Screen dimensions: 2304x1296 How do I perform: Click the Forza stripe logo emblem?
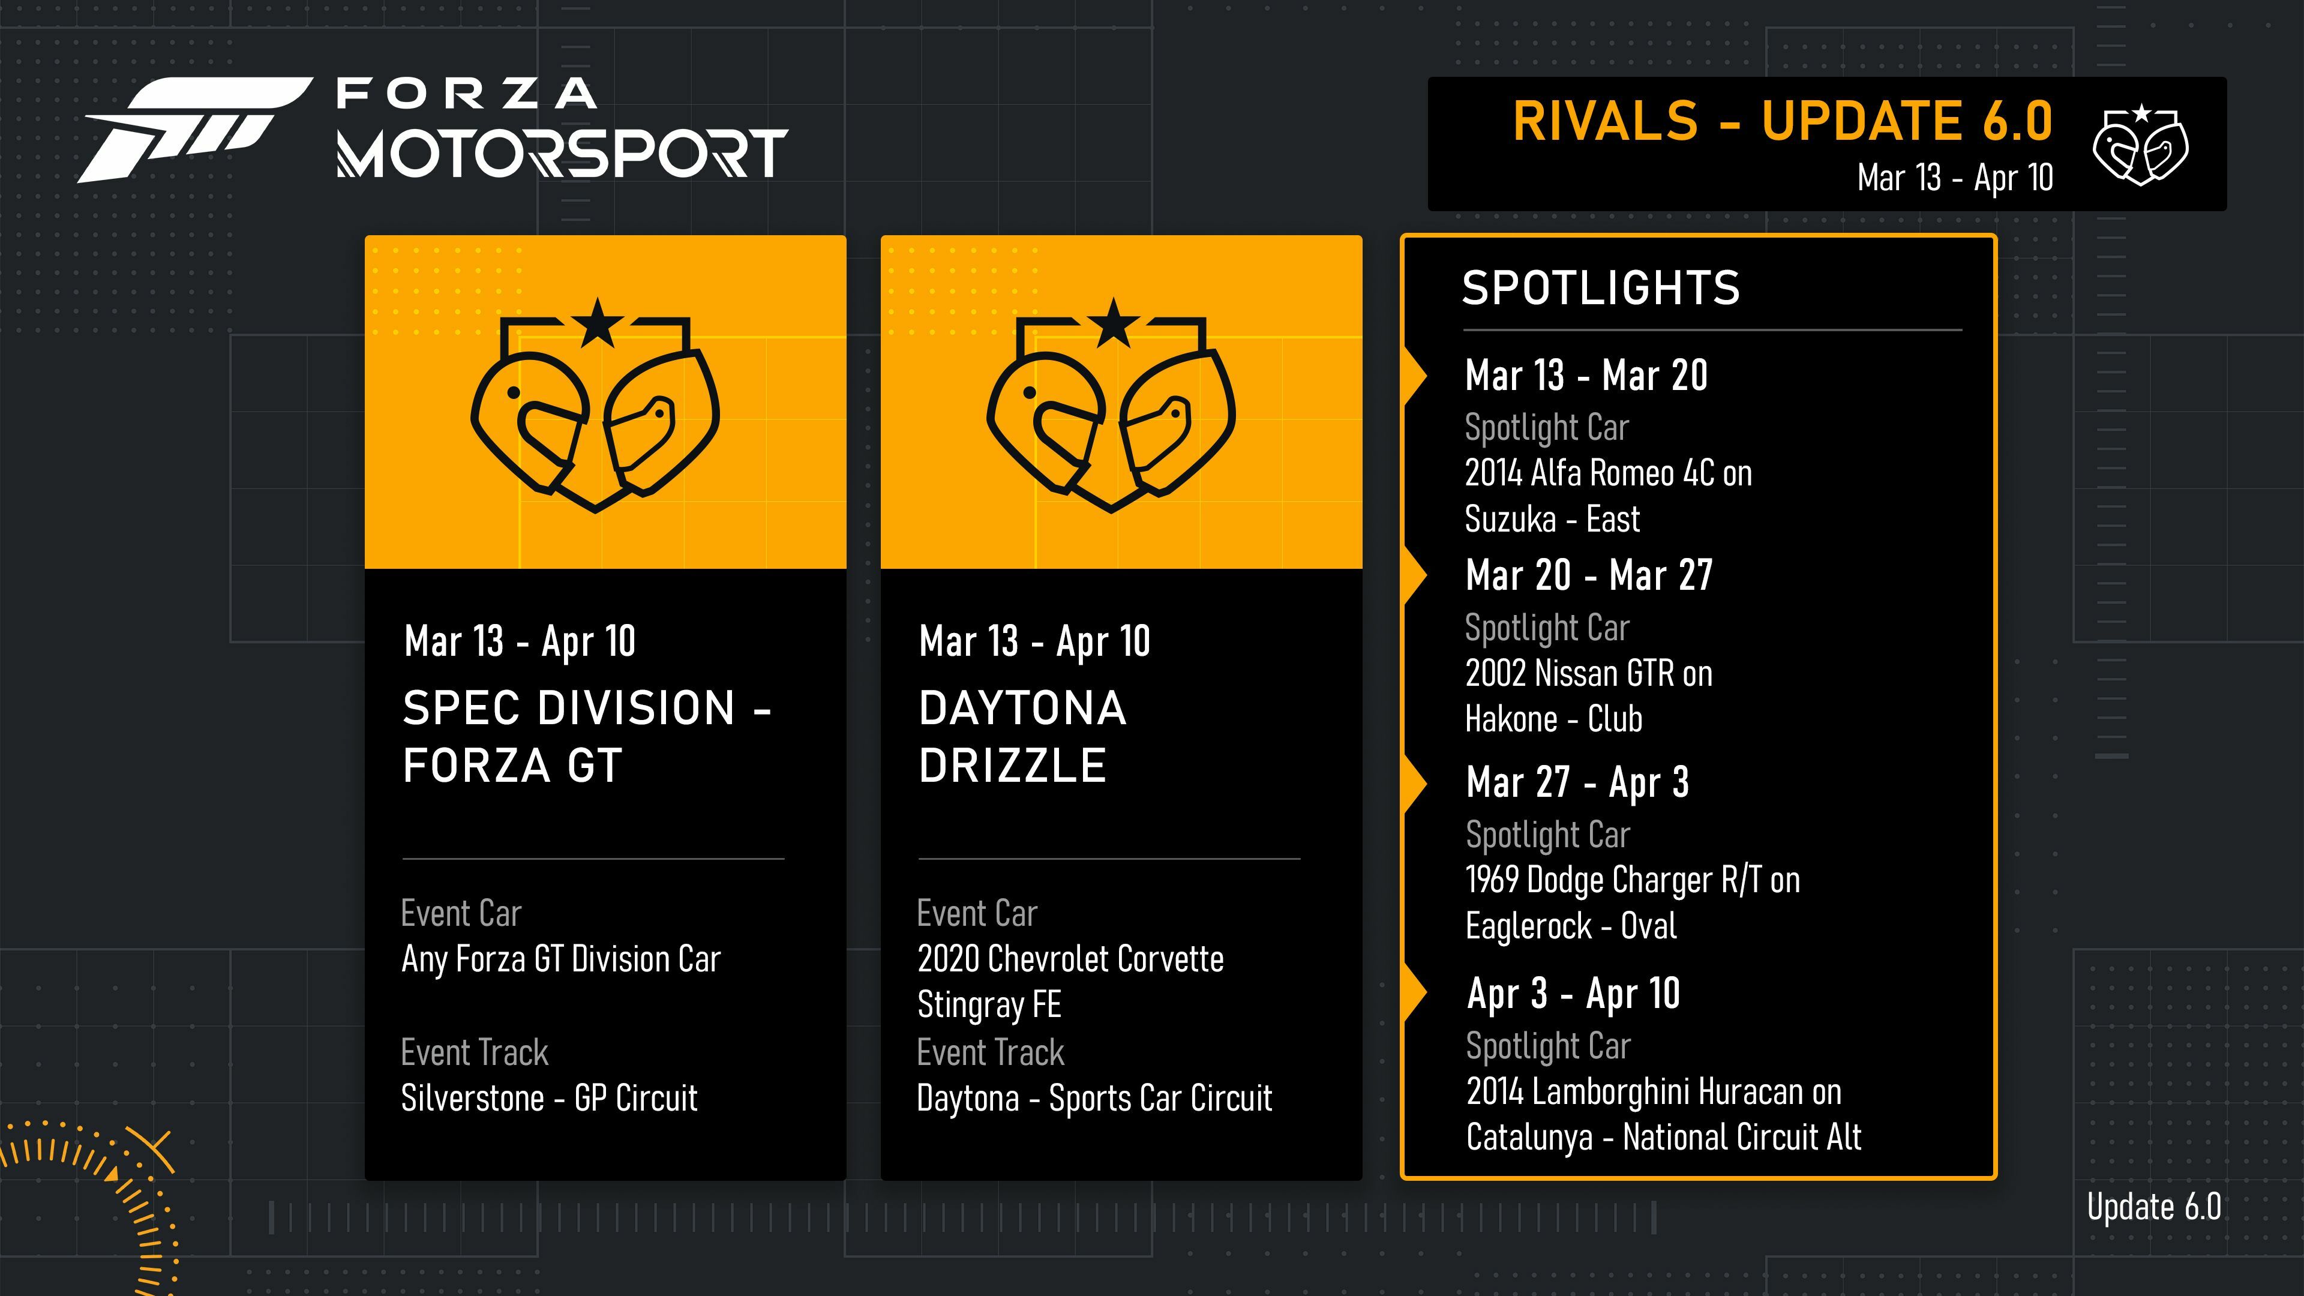pos(195,130)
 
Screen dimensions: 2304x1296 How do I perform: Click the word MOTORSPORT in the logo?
pos(562,153)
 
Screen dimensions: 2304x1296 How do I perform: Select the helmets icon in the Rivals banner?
pos(2140,145)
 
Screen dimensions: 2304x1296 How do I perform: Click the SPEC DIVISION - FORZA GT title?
pos(587,736)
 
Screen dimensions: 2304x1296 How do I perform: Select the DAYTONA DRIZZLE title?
pos(1022,736)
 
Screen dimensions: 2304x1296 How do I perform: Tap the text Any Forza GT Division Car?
pos(561,959)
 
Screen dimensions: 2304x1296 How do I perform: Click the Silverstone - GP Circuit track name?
pos(549,1097)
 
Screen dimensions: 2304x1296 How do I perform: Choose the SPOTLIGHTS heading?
pos(1601,288)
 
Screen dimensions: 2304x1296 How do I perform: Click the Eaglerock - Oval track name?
pos(1571,926)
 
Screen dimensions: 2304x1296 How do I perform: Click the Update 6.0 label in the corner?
pos(2154,1207)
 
